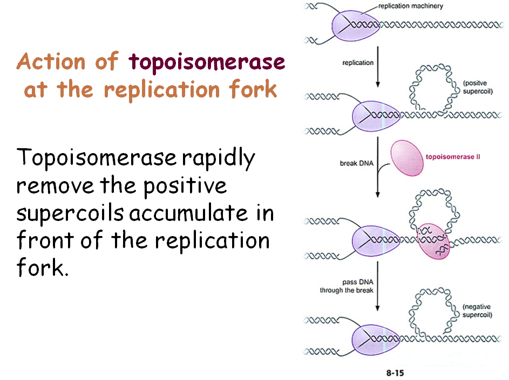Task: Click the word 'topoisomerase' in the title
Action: (207, 63)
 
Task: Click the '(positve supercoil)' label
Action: (478, 87)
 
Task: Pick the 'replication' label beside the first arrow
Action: (358, 63)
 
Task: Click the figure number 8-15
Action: (395, 372)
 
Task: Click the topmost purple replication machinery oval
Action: (354, 25)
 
